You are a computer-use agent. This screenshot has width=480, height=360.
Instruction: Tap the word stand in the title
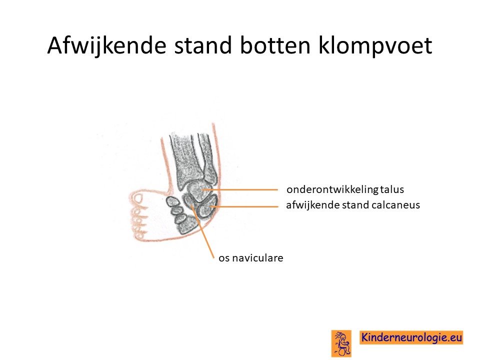[203, 45]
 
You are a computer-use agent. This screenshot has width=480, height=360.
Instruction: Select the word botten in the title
[275, 45]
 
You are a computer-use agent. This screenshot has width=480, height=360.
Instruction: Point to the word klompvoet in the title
[375, 46]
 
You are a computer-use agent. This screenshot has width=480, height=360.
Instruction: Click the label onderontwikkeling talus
[345, 189]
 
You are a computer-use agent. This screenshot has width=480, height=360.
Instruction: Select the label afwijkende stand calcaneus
[353, 205]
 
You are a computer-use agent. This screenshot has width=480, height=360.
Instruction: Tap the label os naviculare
[250, 258]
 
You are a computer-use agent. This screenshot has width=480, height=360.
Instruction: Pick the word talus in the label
[392, 189]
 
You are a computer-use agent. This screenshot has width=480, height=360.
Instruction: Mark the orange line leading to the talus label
[240, 190]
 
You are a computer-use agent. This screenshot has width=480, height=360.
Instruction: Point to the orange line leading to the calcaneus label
[244, 206]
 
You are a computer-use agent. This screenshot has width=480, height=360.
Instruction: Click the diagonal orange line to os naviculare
[202, 231]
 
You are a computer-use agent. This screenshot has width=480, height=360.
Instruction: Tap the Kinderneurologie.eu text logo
[411, 337]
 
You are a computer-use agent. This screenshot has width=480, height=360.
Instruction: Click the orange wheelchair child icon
[341, 343]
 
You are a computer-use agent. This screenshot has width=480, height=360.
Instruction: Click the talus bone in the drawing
[199, 190]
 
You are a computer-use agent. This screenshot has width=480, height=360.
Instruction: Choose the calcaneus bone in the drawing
[206, 208]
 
